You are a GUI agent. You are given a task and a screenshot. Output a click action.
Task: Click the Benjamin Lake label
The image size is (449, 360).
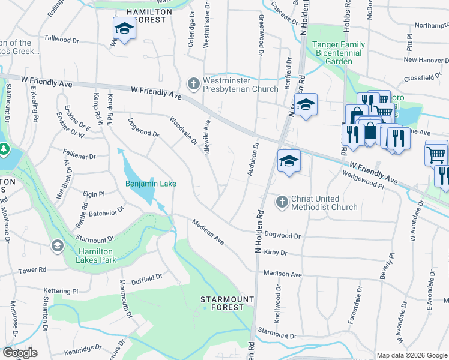click(151, 184)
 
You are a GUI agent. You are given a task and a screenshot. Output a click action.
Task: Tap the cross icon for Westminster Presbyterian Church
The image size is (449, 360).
click(194, 82)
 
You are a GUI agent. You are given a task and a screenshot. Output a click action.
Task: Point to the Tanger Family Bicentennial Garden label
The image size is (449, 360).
click(337, 53)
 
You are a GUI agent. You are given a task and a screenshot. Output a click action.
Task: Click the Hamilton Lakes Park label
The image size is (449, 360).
click(97, 256)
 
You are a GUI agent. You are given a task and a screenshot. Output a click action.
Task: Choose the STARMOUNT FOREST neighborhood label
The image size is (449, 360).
click(222, 303)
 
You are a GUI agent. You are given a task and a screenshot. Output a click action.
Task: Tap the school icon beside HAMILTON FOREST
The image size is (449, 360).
click(124, 28)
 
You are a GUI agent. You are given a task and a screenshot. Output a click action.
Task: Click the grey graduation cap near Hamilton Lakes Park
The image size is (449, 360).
click(58, 245)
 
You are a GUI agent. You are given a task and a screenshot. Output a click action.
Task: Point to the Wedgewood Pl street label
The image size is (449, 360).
click(363, 179)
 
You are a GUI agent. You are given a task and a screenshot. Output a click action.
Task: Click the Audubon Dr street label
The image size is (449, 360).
click(252, 160)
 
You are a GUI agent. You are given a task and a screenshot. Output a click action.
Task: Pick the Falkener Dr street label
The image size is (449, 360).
click(80, 156)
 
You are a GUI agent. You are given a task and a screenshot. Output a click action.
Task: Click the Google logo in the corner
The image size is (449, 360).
click(20, 352)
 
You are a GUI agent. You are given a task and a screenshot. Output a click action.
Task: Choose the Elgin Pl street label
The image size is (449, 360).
click(94, 194)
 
